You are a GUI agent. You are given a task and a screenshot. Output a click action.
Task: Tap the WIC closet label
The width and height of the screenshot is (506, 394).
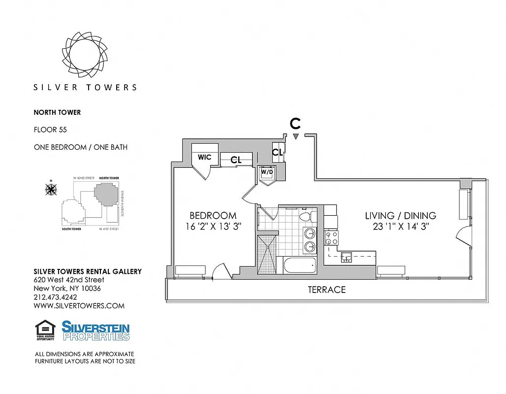204,157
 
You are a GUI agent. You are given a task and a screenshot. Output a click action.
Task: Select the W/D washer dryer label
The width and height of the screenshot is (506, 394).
266,173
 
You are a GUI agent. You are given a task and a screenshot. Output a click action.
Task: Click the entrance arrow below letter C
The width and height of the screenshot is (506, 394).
295,136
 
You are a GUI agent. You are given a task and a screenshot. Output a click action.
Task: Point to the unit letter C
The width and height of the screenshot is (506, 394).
295,124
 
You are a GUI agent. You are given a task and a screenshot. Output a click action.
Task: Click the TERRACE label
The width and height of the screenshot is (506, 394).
326,290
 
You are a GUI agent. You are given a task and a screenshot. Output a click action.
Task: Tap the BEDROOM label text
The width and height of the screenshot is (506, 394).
213,216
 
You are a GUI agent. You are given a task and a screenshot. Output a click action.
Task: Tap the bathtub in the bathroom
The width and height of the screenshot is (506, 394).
299,266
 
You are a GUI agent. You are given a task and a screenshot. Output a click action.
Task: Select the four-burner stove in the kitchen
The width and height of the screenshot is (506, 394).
331,238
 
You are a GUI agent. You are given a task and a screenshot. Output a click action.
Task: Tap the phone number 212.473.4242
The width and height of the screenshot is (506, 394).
56,297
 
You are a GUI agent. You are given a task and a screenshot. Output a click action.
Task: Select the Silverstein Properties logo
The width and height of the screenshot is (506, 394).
95,330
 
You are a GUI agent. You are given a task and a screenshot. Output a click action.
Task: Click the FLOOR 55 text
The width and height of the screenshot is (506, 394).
50,130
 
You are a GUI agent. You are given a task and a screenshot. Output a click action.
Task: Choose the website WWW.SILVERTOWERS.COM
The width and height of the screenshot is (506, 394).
79,306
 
